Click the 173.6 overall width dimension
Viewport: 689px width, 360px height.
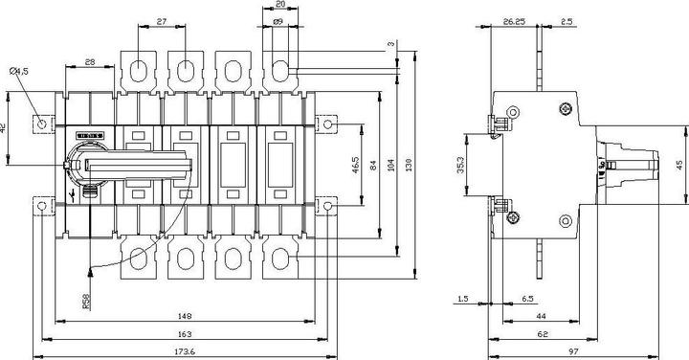pyautogui.click(x=185, y=352)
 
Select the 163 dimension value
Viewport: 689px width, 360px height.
pyautogui.click(x=185, y=334)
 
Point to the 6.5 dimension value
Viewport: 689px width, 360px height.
pyautogui.click(x=528, y=299)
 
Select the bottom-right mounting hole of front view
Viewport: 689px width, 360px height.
pyautogui.click(x=328, y=205)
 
